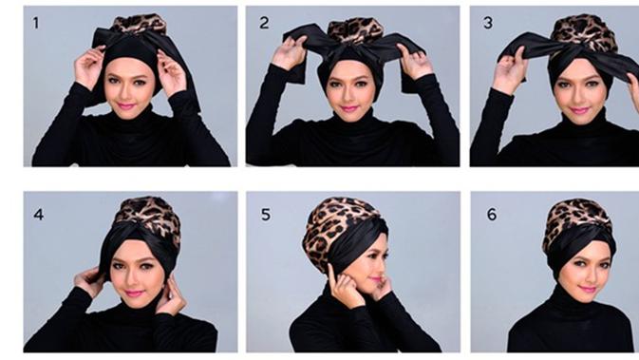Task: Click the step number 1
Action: click(36, 23)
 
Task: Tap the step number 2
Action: click(264, 23)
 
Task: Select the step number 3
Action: click(488, 23)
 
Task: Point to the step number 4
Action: click(39, 215)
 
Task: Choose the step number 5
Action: click(266, 215)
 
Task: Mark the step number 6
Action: click(492, 215)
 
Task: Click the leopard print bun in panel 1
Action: click(139, 24)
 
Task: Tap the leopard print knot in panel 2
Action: click(356, 30)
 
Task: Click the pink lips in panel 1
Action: click(125, 106)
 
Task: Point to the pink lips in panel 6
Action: click(587, 290)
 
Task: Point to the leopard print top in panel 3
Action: click(584, 32)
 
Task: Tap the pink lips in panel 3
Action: click(578, 110)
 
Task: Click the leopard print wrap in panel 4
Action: click(150, 216)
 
